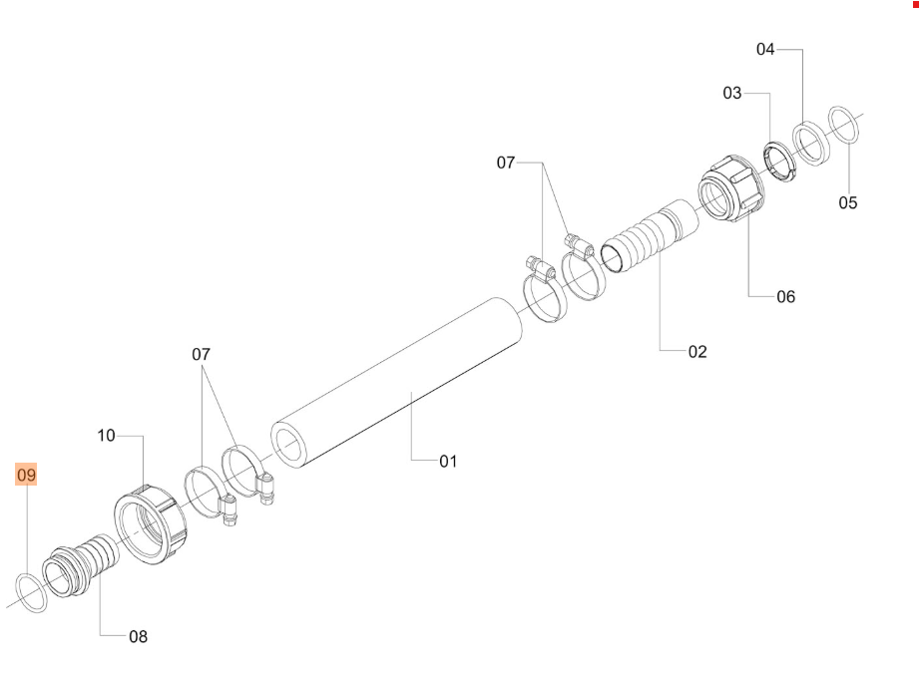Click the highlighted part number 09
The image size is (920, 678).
(x=26, y=475)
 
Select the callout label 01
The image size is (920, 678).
(x=448, y=462)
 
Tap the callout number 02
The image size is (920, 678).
(x=697, y=352)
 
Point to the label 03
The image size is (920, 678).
(x=732, y=93)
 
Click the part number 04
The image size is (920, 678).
(x=765, y=49)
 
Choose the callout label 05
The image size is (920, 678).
(x=848, y=203)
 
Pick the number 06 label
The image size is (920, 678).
(x=786, y=297)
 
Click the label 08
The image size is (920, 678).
(x=139, y=636)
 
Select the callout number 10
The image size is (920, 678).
(x=106, y=436)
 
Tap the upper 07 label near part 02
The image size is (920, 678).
(x=506, y=163)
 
